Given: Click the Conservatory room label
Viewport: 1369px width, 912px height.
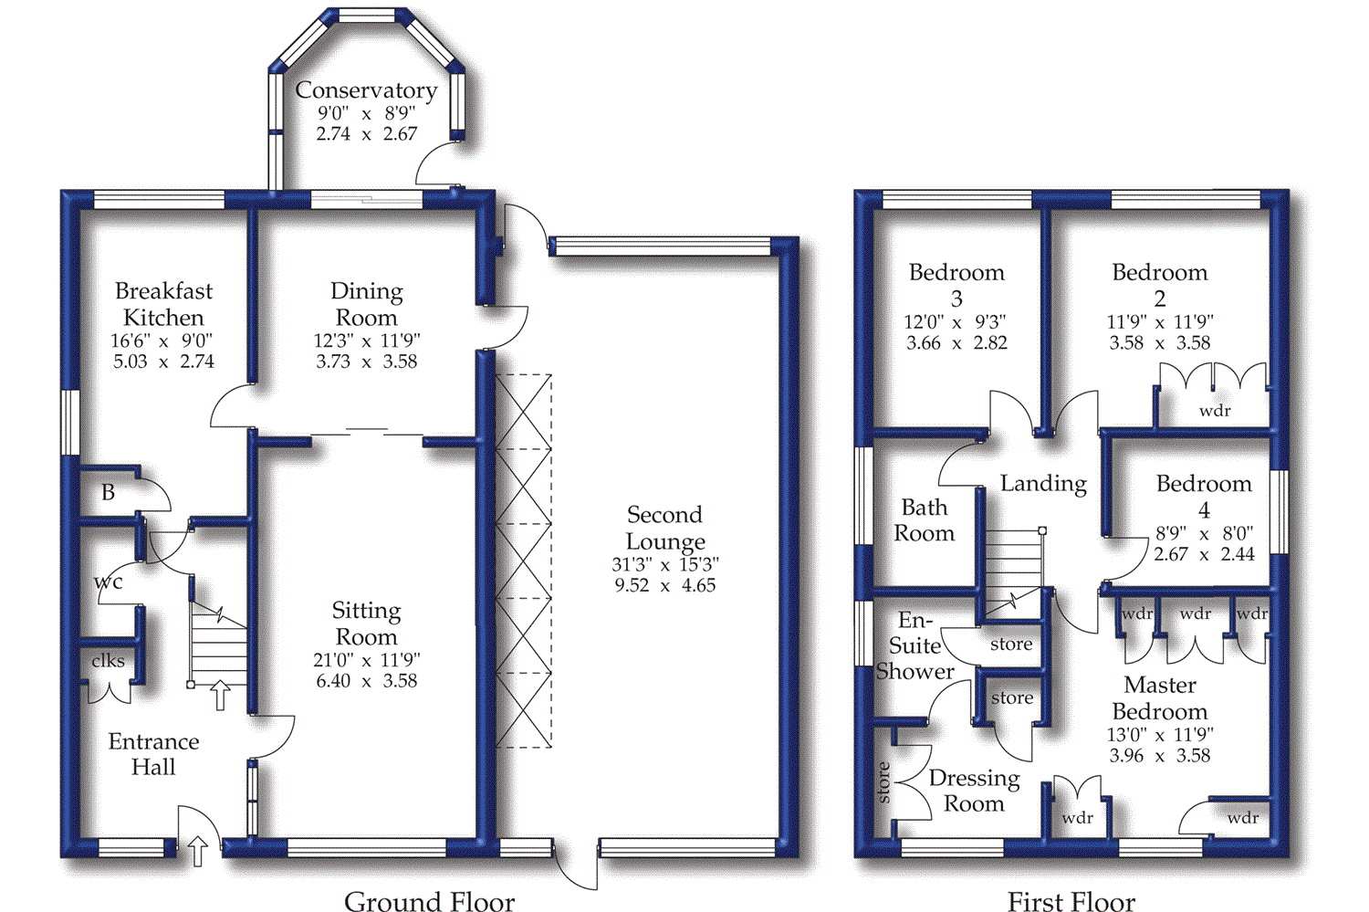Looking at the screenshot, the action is coord(366,89).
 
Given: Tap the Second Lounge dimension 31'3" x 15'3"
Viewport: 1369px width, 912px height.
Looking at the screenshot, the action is coord(665,563).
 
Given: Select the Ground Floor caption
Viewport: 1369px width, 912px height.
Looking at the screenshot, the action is coord(429,900).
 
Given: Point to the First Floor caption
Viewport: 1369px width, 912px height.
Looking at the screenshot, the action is coord(1071,901).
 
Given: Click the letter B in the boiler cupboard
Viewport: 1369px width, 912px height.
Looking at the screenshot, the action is coord(109,492).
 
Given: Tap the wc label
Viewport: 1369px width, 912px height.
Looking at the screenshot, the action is coord(109,582).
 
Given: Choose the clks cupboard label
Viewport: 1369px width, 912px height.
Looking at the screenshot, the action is coord(109,661).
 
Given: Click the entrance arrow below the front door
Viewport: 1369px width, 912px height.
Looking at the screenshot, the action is coord(197,852).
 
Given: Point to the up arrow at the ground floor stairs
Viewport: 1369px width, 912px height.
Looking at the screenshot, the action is coord(220,697).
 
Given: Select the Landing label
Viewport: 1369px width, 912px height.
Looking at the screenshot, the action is coord(1043,484).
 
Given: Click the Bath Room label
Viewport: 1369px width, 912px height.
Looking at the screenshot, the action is coord(924,520).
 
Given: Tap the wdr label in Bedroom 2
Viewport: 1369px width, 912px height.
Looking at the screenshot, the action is coord(1215,411).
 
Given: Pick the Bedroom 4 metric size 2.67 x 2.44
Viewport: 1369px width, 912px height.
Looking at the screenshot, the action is coord(1204,554).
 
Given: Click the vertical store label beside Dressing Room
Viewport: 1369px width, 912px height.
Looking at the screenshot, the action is coord(883,781).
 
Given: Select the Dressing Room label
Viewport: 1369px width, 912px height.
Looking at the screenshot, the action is coord(974,791).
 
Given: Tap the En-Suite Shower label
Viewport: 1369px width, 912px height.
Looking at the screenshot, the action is coord(914,645).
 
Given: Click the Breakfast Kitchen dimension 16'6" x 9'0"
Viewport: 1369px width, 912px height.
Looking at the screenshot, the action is coord(163,340).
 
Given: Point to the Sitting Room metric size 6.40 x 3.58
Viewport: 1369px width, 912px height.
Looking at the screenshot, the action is coord(366,680).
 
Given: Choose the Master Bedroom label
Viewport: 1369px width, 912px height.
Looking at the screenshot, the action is coord(1159,698).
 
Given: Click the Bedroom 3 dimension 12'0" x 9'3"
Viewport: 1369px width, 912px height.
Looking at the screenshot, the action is coord(956,321).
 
